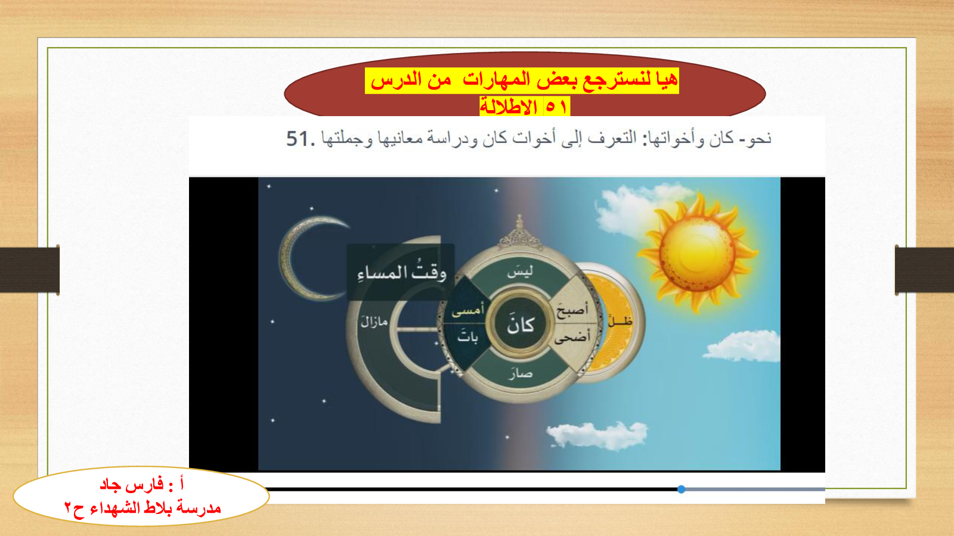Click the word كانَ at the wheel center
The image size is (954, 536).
[521, 325]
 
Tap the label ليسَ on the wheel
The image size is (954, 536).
[520, 271]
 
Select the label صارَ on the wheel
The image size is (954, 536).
[521, 373]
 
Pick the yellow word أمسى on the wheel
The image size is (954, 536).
[467, 310]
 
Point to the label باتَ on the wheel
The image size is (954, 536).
[467, 336]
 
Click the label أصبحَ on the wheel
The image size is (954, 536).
[572, 310]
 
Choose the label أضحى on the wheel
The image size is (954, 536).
[572, 336]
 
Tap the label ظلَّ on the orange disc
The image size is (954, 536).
[620, 320]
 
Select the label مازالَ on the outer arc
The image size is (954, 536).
[374, 322]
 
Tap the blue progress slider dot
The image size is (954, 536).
[682, 489]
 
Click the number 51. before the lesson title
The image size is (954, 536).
[301, 139]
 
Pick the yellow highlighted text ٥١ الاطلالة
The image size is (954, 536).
[525, 107]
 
